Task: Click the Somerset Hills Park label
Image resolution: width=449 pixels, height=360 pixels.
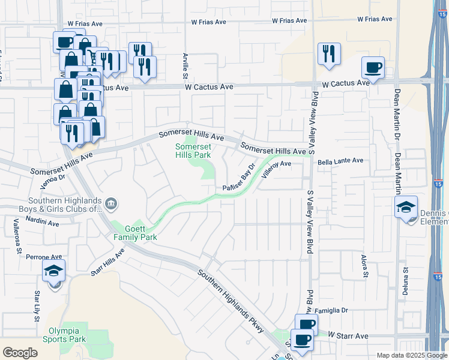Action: [x=193, y=151]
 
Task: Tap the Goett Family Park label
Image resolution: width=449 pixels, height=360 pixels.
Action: [x=136, y=233]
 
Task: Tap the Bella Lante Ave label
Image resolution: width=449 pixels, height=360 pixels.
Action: [x=341, y=161]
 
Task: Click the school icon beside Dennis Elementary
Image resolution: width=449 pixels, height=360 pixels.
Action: [x=406, y=208]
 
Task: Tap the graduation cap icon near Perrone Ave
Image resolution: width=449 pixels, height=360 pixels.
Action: [x=54, y=272]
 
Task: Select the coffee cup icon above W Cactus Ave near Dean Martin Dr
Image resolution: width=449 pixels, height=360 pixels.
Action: [x=373, y=67]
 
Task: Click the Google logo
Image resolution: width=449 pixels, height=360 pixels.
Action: [x=20, y=353]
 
